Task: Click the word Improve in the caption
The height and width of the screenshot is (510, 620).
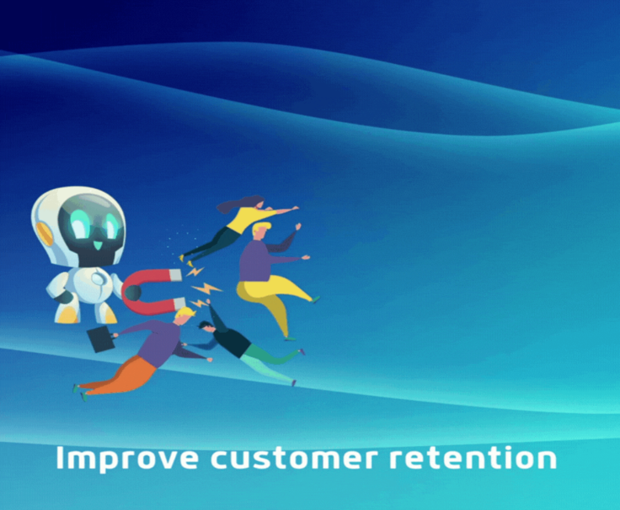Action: [x=127, y=459]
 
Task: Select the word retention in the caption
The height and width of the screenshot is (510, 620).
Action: [x=473, y=458]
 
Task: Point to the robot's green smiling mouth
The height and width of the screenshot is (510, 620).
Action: [x=97, y=245]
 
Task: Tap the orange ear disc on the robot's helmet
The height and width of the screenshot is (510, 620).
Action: [x=45, y=233]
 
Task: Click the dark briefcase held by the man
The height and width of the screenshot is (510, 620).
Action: [x=101, y=339]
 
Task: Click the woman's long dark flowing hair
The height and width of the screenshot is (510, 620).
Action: [x=237, y=203]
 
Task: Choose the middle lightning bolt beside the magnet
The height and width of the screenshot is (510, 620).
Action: [x=206, y=289]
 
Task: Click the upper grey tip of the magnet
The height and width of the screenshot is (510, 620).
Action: [x=176, y=276]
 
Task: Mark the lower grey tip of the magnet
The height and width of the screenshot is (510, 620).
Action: [x=179, y=304]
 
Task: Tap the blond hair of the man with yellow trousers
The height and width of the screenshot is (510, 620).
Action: [x=261, y=227]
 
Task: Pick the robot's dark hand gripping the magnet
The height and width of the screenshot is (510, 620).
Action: [x=133, y=293]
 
